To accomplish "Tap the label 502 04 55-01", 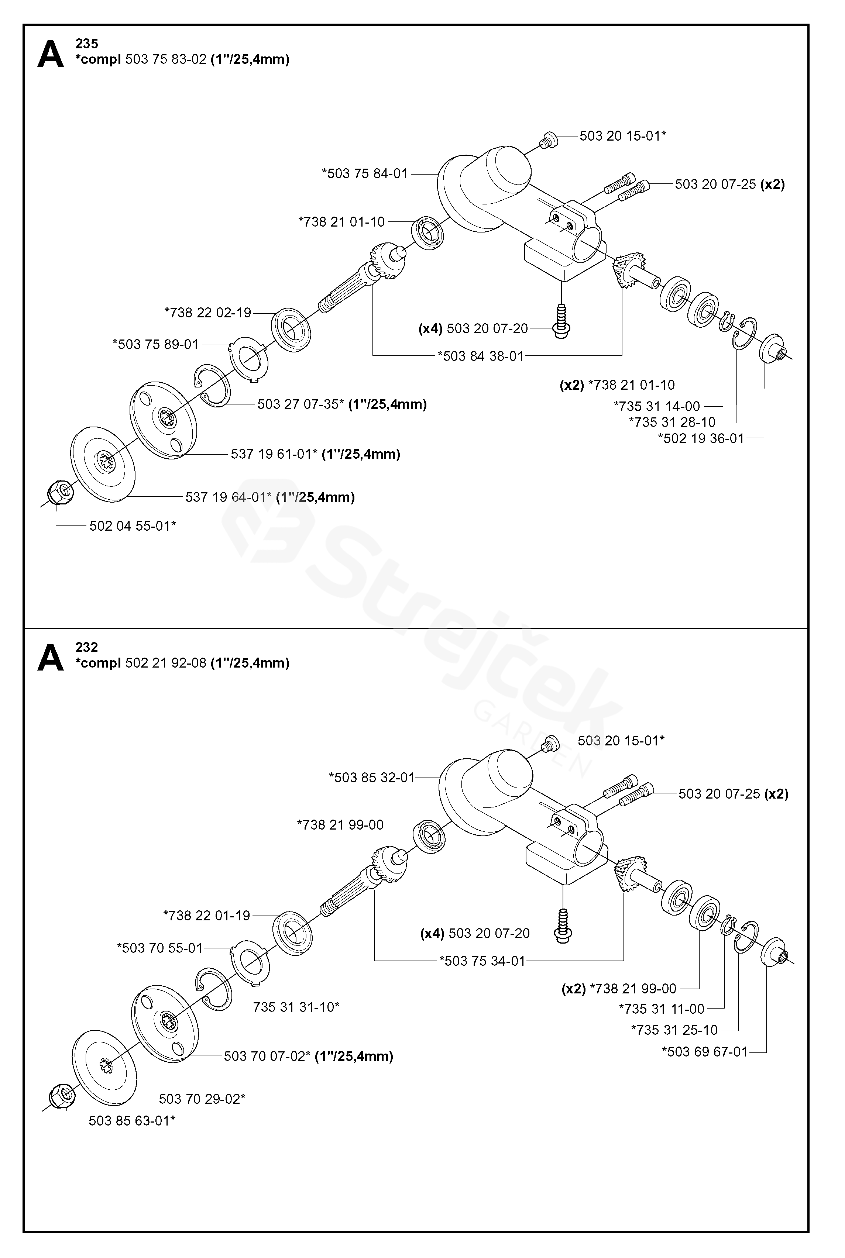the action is [x=133, y=526].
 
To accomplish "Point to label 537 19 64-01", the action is [x=229, y=497].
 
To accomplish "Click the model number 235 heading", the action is [x=87, y=44].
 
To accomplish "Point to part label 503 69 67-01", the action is [x=705, y=1052].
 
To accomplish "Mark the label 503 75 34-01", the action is [x=482, y=961].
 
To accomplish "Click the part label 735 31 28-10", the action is [x=672, y=423].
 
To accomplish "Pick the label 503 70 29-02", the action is [x=202, y=1099].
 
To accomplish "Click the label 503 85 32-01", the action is [x=372, y=778].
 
